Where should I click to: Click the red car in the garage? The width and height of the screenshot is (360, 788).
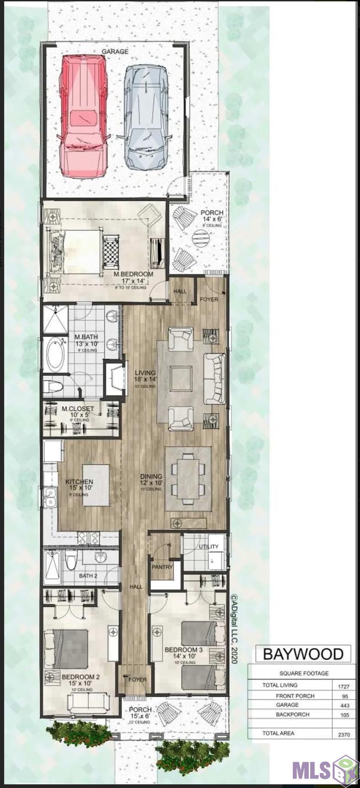click(84, 117)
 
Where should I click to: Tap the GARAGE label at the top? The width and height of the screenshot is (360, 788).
click(115, 52)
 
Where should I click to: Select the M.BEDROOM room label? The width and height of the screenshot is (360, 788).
click(133, 274)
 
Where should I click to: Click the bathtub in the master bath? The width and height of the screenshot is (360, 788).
click(55, 355)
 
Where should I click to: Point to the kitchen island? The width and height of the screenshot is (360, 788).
click(96, 485)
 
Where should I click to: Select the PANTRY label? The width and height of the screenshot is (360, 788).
click(162, 567)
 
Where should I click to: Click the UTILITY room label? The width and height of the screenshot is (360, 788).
click(209, 547)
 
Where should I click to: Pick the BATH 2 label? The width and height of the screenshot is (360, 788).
click(88, 576)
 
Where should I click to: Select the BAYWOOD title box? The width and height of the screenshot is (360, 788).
click(302, 654)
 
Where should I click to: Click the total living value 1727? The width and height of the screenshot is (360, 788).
click(343, 686)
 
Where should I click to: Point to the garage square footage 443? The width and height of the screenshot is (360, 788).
click(344, 706)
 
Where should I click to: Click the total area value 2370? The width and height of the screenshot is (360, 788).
click(344, 735)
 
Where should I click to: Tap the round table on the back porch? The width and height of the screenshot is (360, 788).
click(201, 238)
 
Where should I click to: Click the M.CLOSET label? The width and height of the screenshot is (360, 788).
click(78, 409)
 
